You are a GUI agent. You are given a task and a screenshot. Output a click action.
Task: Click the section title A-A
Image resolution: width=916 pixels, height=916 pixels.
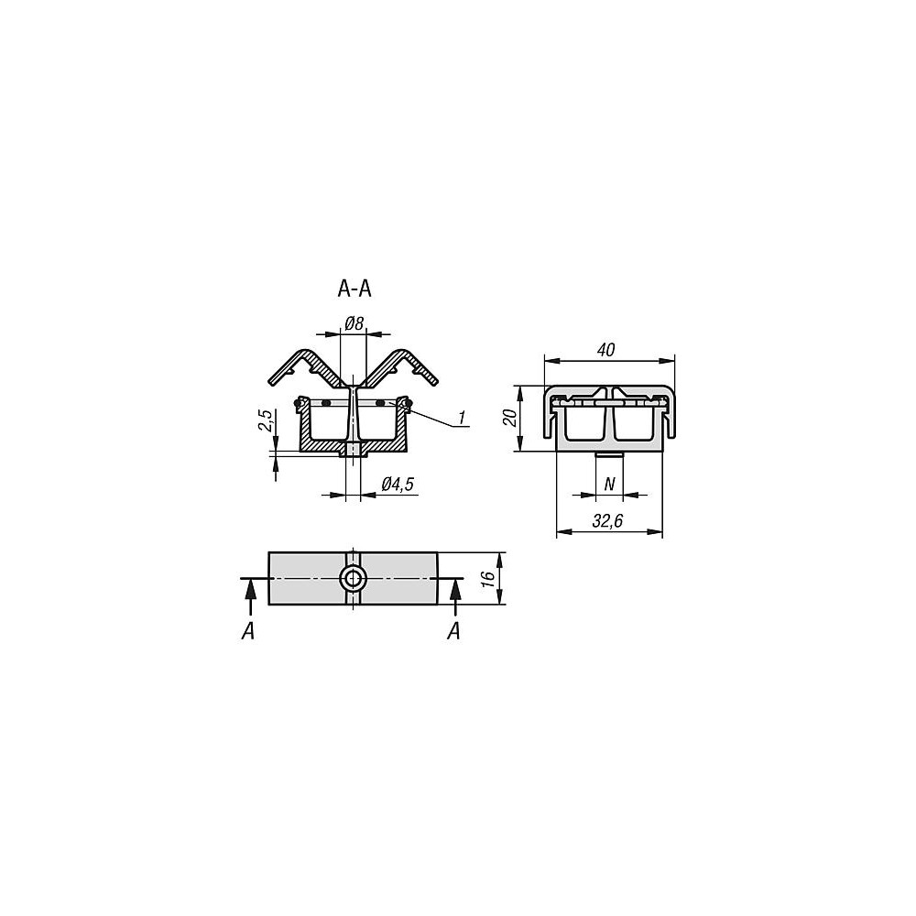pos(354,289)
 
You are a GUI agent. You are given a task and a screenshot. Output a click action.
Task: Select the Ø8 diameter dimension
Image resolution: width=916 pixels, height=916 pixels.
pos(354,323)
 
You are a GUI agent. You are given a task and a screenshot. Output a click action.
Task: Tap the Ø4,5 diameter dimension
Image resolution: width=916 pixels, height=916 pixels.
pos(398,485)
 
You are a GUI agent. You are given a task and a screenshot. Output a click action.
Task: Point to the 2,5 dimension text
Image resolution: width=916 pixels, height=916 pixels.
pos(266,421)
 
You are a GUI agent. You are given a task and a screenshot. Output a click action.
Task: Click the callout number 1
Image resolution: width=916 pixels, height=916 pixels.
pos(462,417)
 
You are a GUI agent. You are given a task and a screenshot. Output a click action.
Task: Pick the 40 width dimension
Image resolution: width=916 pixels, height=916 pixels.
pos(606,350)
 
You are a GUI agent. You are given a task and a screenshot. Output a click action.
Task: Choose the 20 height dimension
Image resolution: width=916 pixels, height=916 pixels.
pos(510,419)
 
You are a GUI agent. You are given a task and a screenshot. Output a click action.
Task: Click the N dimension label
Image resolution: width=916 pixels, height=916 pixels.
pos(609,484)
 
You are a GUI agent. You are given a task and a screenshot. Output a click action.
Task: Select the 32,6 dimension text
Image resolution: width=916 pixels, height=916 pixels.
pos(607,521)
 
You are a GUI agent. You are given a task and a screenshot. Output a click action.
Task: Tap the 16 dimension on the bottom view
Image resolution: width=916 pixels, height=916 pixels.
pos(489,578)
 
